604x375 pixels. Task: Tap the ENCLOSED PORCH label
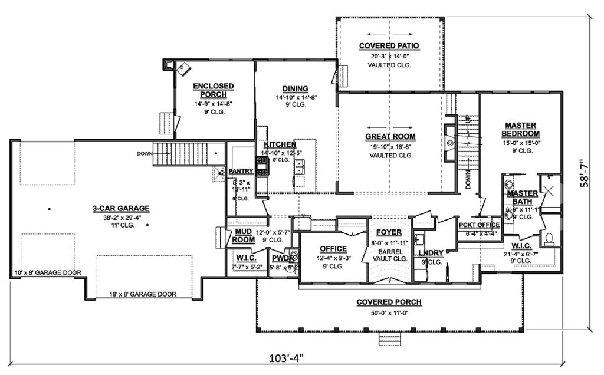pos(214,90)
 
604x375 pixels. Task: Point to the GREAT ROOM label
pos(390,136)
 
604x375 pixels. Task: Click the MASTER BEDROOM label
pos(520,129)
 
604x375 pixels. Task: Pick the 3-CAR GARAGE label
pos(120,208)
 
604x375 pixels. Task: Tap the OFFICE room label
pos(333,248)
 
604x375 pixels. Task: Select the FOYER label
pos(389,232)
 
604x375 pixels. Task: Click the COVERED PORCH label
pos(389,302)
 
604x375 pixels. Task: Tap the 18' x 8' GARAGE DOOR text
pos(142,294)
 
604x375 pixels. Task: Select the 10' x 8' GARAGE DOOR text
pos(48,273)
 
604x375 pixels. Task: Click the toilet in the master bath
pos(549,238)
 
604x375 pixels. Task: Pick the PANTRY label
pos(241,172)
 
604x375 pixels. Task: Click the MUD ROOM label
pos(243,236)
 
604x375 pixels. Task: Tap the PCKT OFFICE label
pos(479,225)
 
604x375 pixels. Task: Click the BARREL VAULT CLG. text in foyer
pos(389,254)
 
